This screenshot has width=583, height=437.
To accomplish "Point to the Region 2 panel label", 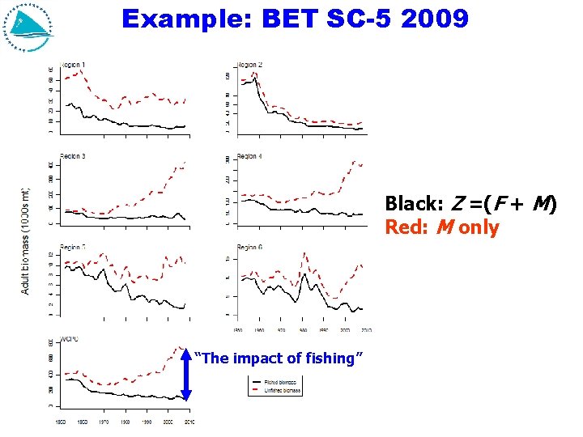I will [249, 65].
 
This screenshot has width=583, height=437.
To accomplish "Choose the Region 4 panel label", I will [249, 155].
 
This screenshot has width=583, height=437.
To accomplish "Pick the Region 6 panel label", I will [249, 247].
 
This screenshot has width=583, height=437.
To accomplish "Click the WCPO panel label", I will [70, 338].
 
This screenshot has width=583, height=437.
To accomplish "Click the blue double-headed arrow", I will [186, 374].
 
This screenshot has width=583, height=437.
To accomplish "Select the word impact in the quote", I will [255, 358].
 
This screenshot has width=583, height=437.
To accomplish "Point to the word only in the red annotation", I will [479, 227].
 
